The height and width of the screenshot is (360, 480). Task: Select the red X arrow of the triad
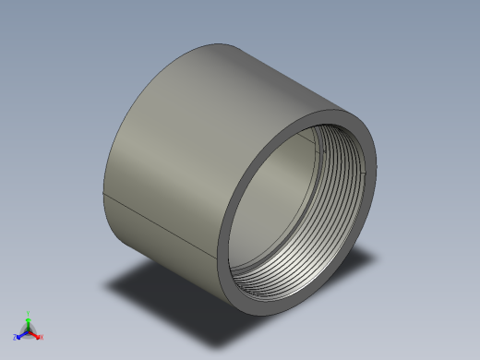click(x=36, y=335)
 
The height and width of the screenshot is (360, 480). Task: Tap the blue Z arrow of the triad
click(x=20, y=335)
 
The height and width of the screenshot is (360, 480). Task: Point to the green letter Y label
click(x=28, y=313)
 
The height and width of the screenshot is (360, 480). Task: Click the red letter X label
click(x=42, y=337)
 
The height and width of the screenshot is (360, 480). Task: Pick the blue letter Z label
click(x=15, y=337)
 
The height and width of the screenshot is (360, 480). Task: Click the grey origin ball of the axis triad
click(x=28, y=330)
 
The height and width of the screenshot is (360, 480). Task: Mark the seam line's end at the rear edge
click(x=101, y=195)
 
